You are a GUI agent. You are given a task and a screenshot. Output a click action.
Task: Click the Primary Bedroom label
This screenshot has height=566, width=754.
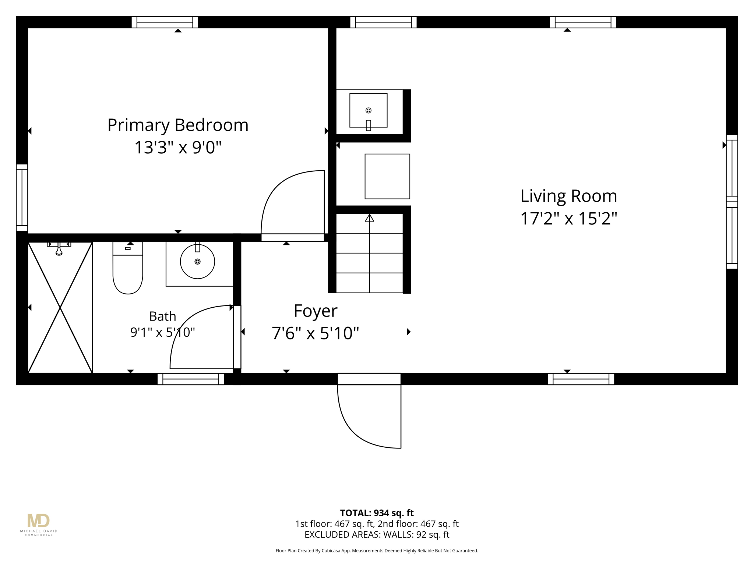178,125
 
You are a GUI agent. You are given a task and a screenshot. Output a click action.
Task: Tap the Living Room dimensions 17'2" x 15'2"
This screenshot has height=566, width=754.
568,219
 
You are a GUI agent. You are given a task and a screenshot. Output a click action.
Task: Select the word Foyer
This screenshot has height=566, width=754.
316,311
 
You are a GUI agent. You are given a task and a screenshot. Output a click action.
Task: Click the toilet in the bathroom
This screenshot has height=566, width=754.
128,268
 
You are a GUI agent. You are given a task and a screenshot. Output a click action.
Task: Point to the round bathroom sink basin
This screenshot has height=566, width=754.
197,261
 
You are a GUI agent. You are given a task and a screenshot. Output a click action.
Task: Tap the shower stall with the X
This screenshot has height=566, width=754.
60,307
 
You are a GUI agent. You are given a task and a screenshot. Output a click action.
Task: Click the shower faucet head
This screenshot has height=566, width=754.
59,249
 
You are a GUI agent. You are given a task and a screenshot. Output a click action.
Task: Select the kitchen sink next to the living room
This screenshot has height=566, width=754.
368,111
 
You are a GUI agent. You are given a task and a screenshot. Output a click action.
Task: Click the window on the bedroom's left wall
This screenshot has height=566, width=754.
22,198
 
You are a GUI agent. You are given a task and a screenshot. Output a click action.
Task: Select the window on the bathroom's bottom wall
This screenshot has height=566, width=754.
191,379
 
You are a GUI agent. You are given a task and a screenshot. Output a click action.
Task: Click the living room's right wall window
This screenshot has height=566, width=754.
732,202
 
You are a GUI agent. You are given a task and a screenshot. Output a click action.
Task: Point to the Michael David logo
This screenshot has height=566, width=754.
39,524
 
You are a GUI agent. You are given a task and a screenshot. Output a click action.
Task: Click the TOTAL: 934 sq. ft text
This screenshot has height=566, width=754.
377,513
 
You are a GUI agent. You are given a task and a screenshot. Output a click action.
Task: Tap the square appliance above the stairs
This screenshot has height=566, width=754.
387,177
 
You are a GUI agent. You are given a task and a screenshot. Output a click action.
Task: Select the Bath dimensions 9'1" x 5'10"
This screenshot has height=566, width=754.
162,332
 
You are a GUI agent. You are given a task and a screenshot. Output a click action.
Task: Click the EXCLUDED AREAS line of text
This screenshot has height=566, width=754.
377,535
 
